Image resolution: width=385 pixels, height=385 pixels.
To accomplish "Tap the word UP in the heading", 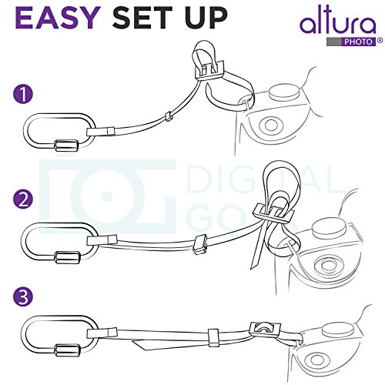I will coord(204,18).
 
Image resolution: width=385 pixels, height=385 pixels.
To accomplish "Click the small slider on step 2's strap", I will coord(202,243).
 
